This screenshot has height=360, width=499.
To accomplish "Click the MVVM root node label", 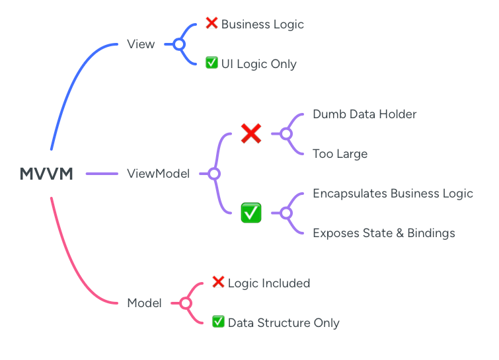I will pos(46,174).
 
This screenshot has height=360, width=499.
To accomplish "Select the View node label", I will pos(141,44).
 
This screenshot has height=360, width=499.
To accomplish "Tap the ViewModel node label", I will pos(158,174).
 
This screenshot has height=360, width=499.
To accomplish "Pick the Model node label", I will pos(144,303).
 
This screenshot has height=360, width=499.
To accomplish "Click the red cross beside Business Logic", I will pos(211,24).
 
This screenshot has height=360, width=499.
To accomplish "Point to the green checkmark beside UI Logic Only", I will pos(211,63).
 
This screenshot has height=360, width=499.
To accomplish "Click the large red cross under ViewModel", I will pos(251,134).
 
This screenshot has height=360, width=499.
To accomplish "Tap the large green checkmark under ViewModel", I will pos(251,213).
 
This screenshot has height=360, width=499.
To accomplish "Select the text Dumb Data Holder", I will pos(364,114).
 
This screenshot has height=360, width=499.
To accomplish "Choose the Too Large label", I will pos(340,154).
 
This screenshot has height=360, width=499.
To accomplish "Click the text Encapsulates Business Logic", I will pos(393,194).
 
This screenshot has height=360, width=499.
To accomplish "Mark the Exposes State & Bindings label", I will pos(383,233).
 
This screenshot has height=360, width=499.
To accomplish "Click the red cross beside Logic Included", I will pos(218,283).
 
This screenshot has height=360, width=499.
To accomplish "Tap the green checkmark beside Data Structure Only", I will pos(218,322).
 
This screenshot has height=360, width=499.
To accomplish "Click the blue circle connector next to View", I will pos(179,44).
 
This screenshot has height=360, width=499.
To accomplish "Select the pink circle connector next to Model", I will pos(186,303).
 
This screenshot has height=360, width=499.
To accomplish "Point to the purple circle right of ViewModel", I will pos(213,174).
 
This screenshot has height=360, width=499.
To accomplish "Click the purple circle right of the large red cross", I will pos(286,134).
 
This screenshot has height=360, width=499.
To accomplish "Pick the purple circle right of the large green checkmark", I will pos(286,213).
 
